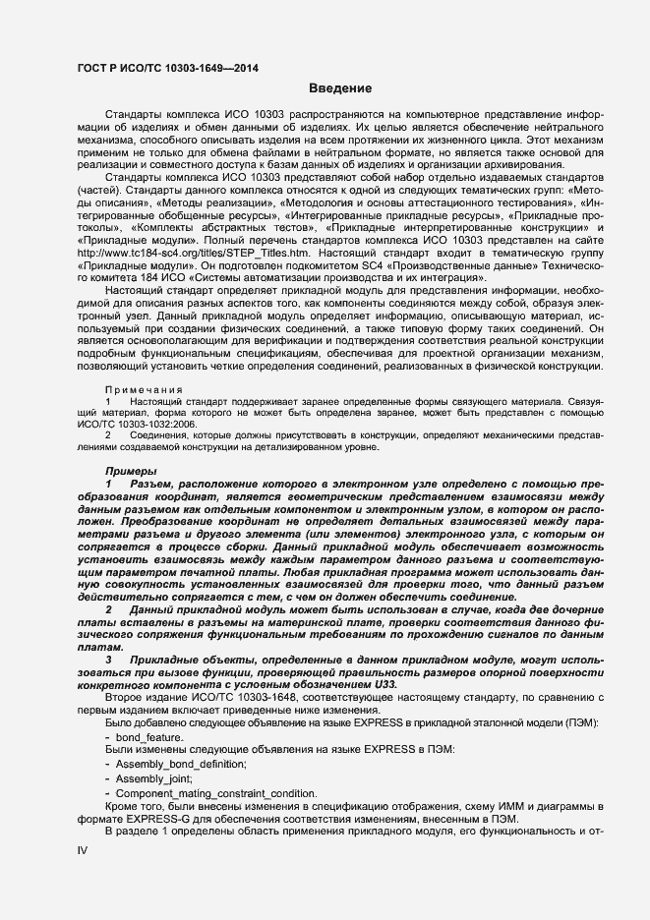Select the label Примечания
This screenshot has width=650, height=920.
pos(138,389)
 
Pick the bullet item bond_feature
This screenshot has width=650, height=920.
pos(148,737)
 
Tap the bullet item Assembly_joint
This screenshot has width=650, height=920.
pos(155,777)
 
